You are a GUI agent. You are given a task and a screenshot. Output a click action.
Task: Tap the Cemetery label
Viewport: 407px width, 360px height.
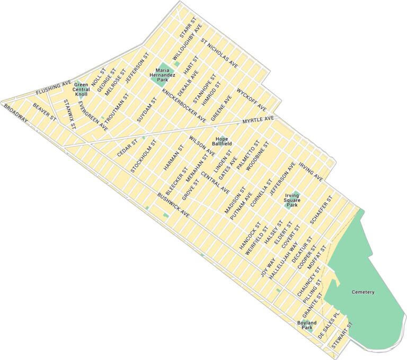click(363, 292)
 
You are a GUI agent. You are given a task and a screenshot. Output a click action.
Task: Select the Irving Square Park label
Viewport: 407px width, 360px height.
click(293, 200)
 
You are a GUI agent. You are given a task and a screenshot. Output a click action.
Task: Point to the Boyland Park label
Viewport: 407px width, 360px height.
click(306, 325)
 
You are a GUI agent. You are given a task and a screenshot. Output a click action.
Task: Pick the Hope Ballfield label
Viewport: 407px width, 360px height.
click(219, 141)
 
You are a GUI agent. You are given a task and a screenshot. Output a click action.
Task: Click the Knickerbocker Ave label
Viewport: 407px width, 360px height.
click(184, 105)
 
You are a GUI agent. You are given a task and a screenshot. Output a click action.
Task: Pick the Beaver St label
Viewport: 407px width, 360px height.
click(44, 112)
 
